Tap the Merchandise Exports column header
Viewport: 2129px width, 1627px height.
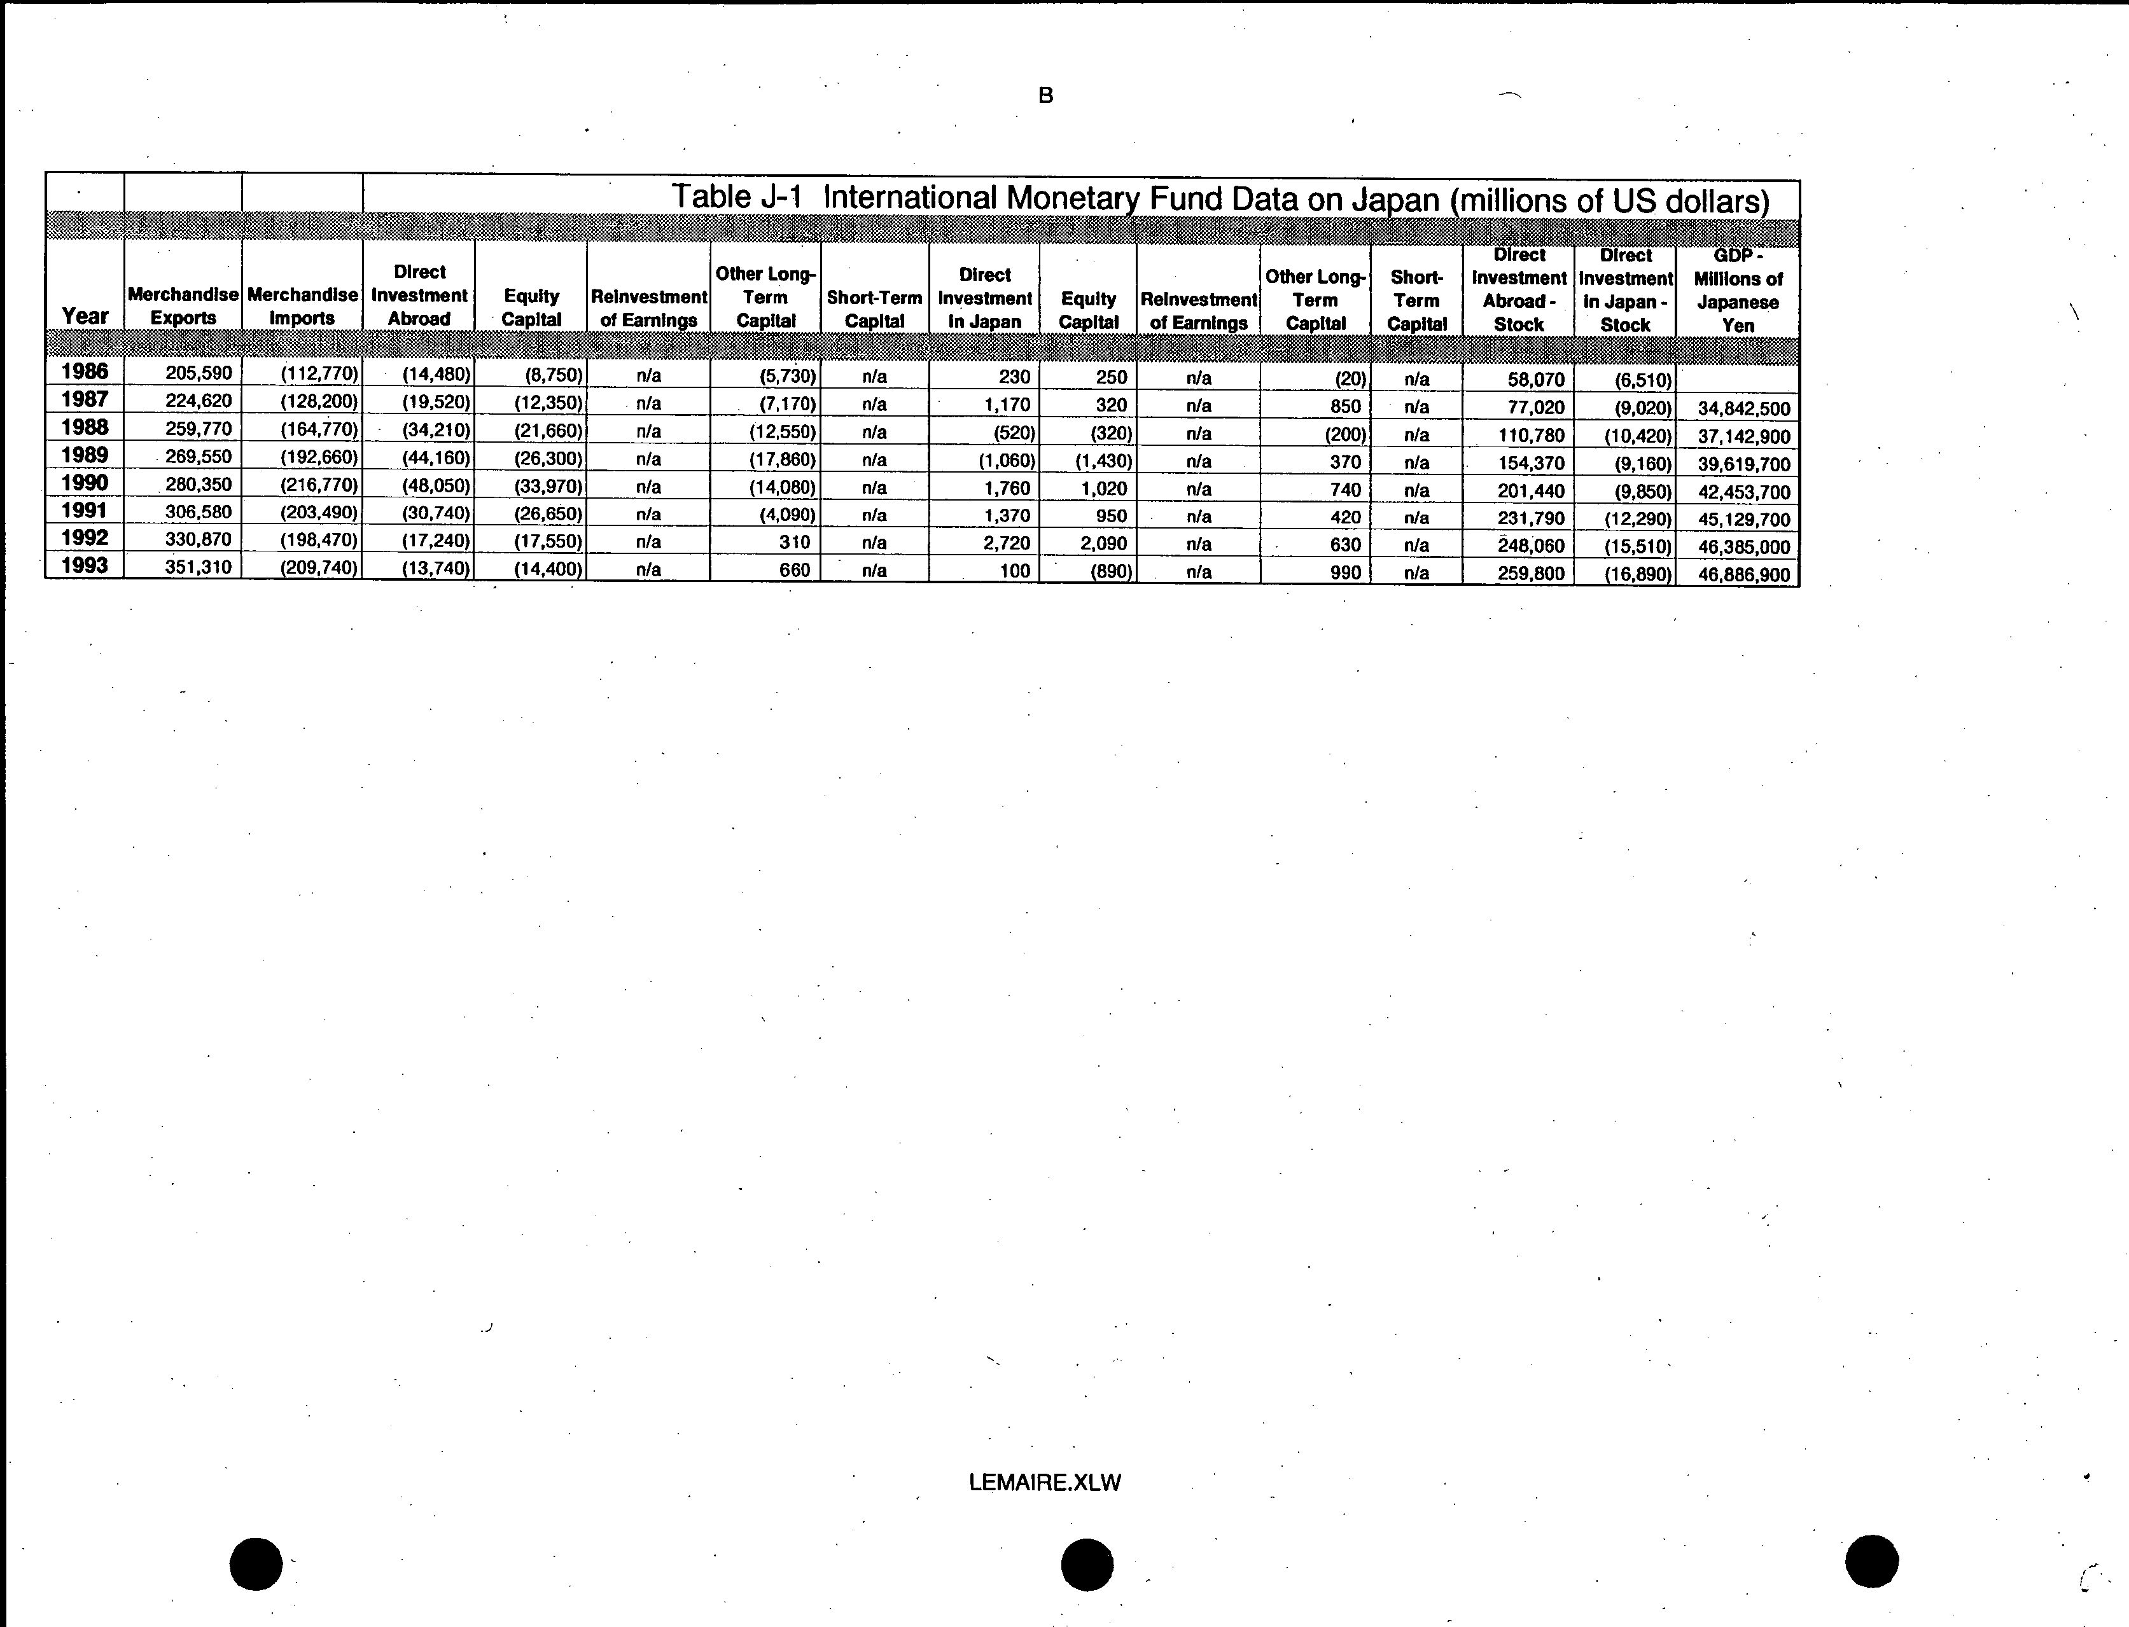(x=183, y=305)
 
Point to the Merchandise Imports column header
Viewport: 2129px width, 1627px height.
(x=302, y=305)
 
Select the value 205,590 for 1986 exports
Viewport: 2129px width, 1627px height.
(x=199, y=373)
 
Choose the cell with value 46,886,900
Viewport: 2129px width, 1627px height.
(x=1743, y=574)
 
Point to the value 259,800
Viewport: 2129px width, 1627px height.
(x=1530, y=573)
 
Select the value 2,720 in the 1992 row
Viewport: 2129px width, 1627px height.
(x=1007, y=543)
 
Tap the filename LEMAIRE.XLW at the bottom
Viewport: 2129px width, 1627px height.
(x=1044, y=1483)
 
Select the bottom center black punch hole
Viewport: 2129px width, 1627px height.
(x=1087, y=1564)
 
